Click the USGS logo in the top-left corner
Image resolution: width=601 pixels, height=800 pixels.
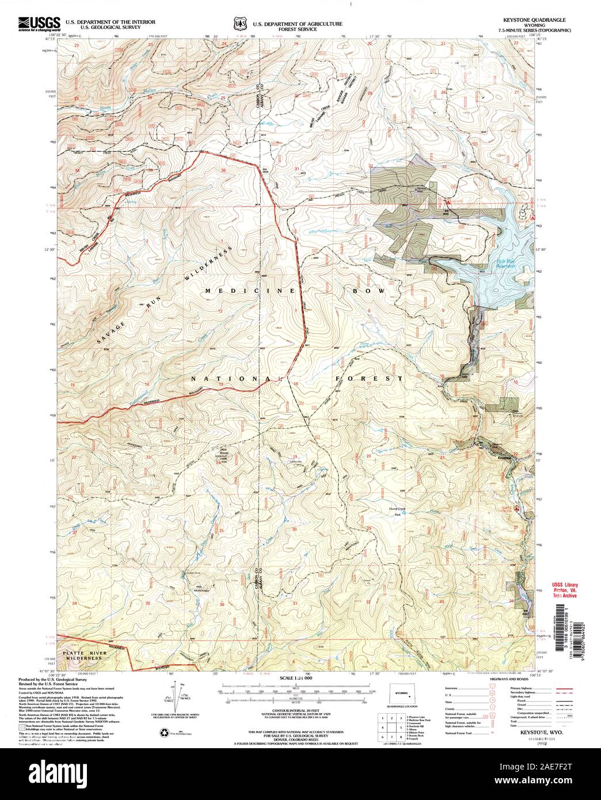click(39, 24)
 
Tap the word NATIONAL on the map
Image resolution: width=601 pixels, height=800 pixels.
click(236, 379)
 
